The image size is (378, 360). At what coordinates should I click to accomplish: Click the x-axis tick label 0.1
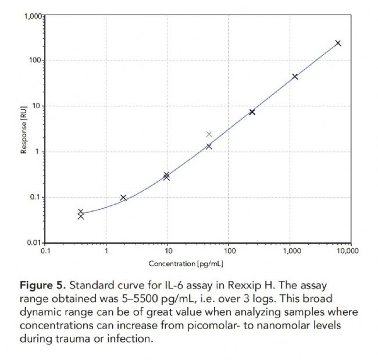[45, 251]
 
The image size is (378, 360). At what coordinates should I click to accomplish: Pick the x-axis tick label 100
[229, 251]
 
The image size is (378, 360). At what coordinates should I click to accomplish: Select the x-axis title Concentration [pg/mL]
[186, 263]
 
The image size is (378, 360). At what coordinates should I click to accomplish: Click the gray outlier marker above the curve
[209, 134]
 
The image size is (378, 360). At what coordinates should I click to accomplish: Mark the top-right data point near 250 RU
[338, 43]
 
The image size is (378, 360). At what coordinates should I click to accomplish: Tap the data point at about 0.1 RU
[123, 198]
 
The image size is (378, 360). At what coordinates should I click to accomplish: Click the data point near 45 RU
[295, 76]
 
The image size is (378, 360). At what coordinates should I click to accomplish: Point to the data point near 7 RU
[252, 112]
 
